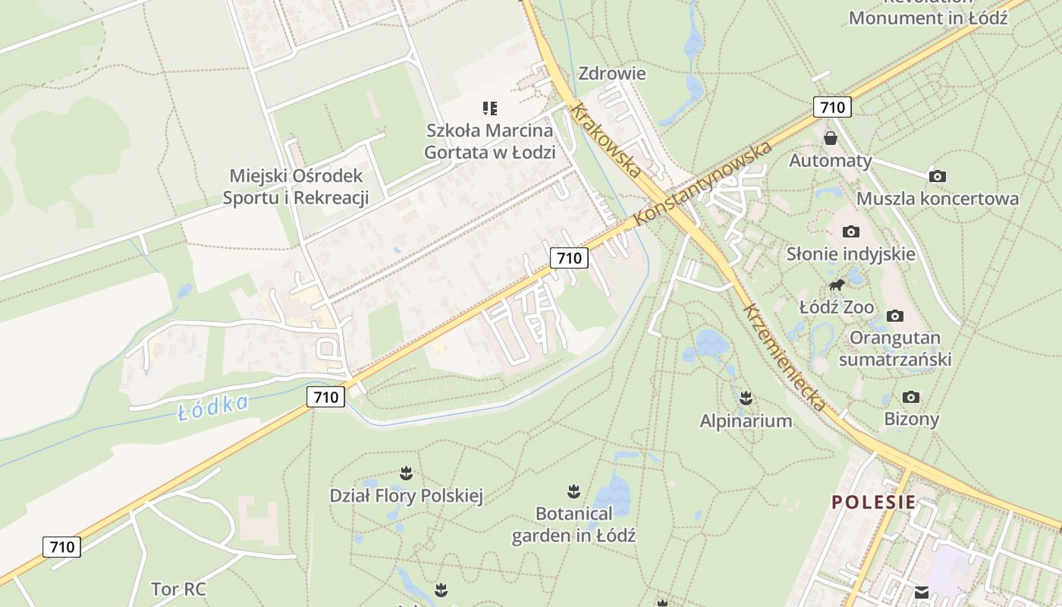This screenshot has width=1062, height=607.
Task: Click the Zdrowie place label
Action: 611,74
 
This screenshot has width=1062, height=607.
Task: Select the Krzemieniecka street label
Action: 784,358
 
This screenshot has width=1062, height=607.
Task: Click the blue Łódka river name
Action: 212,407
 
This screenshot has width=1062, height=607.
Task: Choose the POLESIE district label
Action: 873,502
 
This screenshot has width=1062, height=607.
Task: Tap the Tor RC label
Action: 178,589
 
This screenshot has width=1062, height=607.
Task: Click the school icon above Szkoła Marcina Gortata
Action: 490,109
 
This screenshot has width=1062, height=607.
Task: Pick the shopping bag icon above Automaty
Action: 831,138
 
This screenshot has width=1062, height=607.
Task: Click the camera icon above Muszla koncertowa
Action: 938,176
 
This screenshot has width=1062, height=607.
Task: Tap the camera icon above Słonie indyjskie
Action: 850,231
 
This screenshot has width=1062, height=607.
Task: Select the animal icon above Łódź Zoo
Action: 837,285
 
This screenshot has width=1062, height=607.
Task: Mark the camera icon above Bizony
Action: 911,397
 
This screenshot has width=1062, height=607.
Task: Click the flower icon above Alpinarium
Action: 746,398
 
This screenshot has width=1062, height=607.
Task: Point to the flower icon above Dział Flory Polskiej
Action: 406,473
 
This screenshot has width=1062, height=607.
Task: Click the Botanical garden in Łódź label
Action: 573,524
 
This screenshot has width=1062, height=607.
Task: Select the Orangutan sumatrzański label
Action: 895,348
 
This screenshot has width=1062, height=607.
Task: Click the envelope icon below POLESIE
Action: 922,593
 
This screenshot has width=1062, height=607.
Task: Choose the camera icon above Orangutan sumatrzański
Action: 895,316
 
